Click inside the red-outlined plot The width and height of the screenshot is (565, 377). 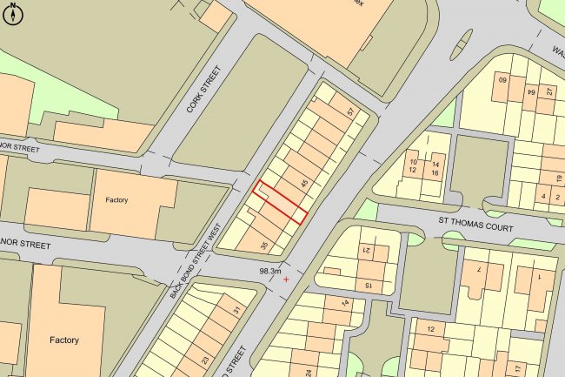click(x=280, y=203)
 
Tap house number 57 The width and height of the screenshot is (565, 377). click(x=350, y=113)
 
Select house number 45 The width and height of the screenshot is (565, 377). click(x=303, y=183)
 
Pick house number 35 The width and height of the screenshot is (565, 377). click(x=263, y=246)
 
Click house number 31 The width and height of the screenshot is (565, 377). click(x=236, y=311)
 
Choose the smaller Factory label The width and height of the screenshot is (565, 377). click(x=116, y=200)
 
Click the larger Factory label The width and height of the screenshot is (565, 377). click(x=64, y=340)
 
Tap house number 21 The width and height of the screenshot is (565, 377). click(x=367, y=252)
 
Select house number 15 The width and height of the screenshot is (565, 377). click(x=368, y=285)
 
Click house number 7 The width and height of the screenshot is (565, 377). click(x=477, y=270)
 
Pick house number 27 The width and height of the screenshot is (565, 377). click(x=549, y=91)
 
